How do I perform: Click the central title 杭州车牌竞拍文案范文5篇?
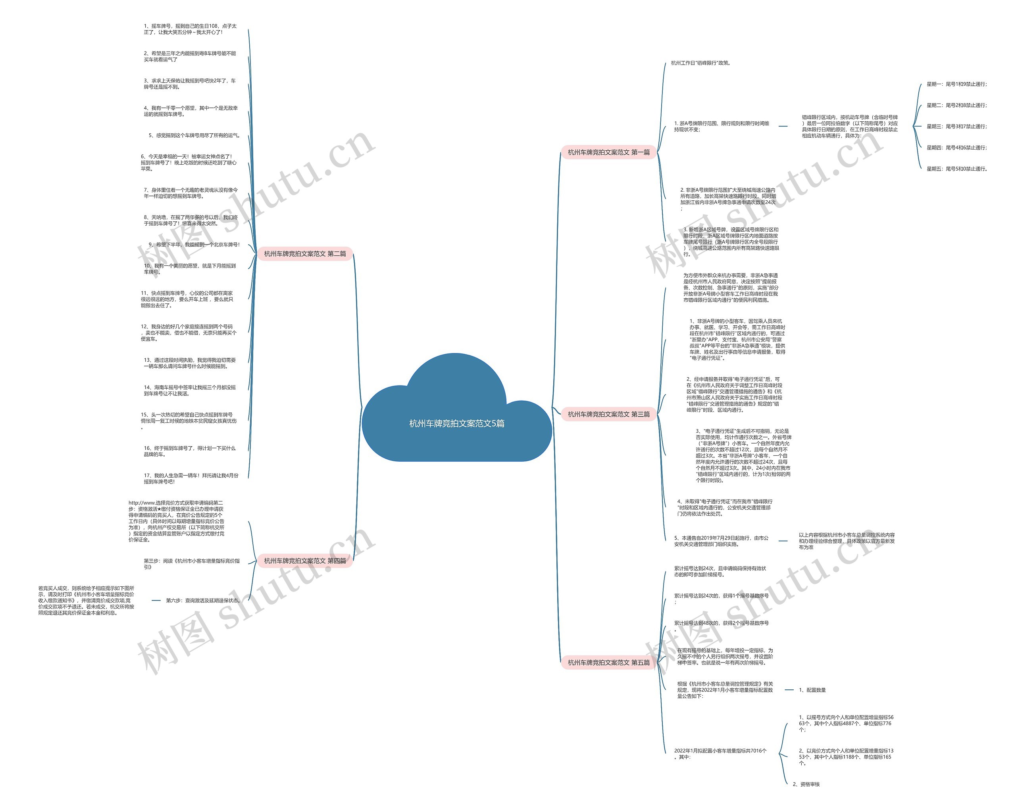pyautogui.click(x=456, y=423)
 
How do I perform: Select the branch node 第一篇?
pyautogui.click(x=608, y=152)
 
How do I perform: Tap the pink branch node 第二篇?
pyautogui.click(x=305, y=253)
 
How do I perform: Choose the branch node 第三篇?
pyautogui.click(x=608, y=414)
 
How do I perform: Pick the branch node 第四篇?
pyautogui.click(x=305, y=560)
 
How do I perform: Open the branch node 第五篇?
pyautogui.click(x=608, y=662)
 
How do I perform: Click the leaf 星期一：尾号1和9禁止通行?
pyautogui.click(x=956, y=84)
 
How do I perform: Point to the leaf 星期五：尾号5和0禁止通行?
pyautogui.click(x=956, y=169)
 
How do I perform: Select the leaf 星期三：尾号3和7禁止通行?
pyautogui.click(x=956, y=126)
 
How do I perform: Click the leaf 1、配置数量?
pyautogui.click(x=812, y=690)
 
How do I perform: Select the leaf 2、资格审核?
pyautogui.click(x=806, y=784)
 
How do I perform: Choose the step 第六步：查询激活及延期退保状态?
pyautogui.click(x=203, y=601)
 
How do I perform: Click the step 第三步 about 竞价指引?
pyautogui.click(x=191, y=564)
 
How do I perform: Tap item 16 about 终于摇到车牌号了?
pyautogui.click(x=189, y=451)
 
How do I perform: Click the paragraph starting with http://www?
pyautogui.click(x=176, y=521)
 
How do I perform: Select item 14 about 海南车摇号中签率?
pyautogui.click(x=189, y=390)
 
